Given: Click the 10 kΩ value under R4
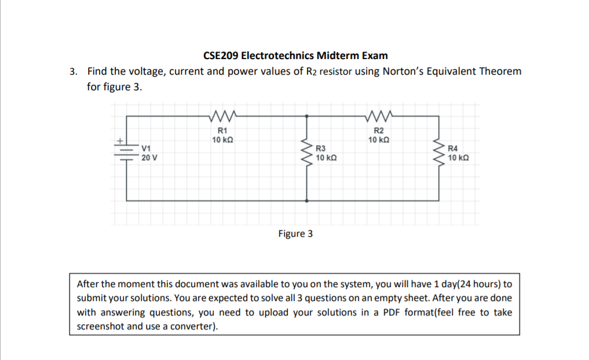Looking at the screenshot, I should click(459, 157).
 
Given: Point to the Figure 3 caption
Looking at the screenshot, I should click(295, 234).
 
